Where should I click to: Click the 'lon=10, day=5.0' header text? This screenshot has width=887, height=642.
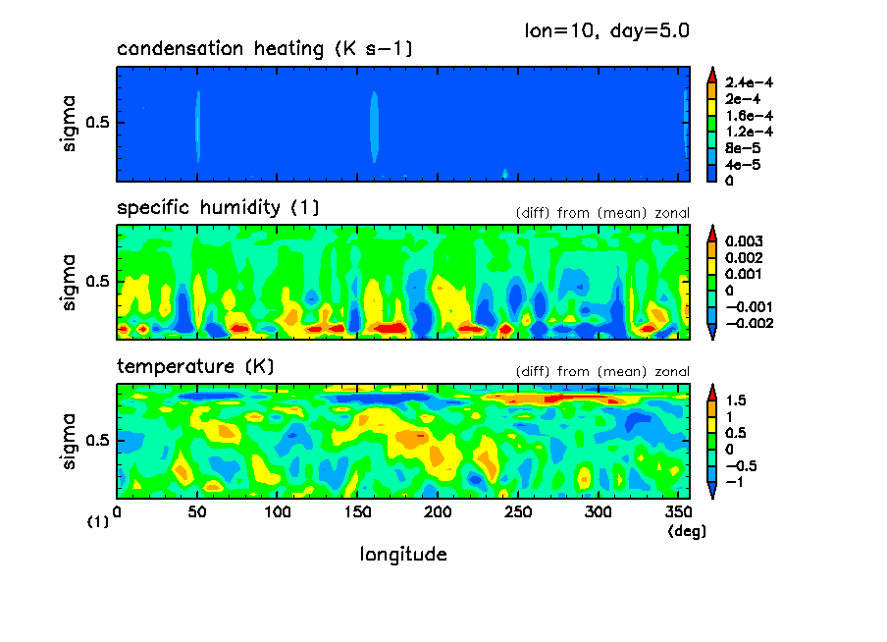point(607,30)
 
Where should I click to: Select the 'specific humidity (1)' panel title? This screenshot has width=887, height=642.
point(218,208)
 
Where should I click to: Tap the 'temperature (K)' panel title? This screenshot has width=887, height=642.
point(195,366)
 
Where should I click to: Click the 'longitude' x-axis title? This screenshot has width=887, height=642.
point(403,555)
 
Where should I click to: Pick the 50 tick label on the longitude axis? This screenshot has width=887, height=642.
point(197,511)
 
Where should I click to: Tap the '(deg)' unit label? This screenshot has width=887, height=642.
point(687,531)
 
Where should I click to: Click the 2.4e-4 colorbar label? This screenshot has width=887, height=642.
point(749,83)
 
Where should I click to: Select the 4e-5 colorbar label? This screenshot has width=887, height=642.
point(744,164)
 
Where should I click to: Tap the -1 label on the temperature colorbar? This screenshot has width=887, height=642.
point(734,482)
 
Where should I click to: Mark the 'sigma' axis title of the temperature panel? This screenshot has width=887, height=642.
point(69,441)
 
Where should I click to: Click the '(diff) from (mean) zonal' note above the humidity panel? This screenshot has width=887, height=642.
point(601,213)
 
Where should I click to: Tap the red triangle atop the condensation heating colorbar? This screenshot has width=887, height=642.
point(712,72)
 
